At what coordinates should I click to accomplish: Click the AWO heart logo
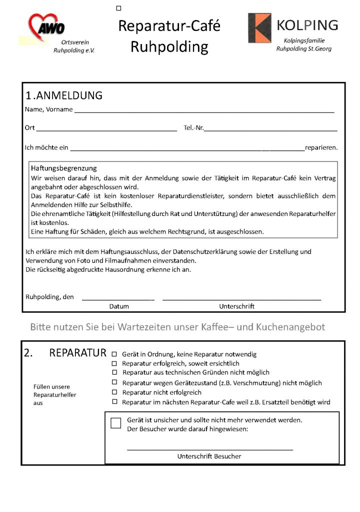[46, 25]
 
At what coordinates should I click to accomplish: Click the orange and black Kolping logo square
[259, 28]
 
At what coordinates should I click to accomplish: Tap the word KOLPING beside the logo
[307, 25]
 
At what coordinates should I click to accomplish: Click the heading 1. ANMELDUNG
[64, 95]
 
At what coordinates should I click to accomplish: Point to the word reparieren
[321, 147]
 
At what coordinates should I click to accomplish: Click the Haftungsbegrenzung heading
[63, 168]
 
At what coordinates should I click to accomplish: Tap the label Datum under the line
[119, 306]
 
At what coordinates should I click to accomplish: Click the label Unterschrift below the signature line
[236, 306]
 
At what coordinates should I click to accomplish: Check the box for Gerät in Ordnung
[114, 354]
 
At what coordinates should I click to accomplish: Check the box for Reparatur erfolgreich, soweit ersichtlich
[114, 363]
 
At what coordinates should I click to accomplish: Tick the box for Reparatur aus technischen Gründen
[114, 372]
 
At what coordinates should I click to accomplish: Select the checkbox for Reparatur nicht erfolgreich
[114, 392]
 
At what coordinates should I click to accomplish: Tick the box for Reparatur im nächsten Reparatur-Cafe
[114, 402]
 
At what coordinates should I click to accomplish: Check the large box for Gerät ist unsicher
[116, 423]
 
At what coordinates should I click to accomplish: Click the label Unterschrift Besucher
[209, 456]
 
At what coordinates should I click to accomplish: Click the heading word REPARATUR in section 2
[77, 353]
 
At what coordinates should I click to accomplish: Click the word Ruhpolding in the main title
[169, 47]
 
